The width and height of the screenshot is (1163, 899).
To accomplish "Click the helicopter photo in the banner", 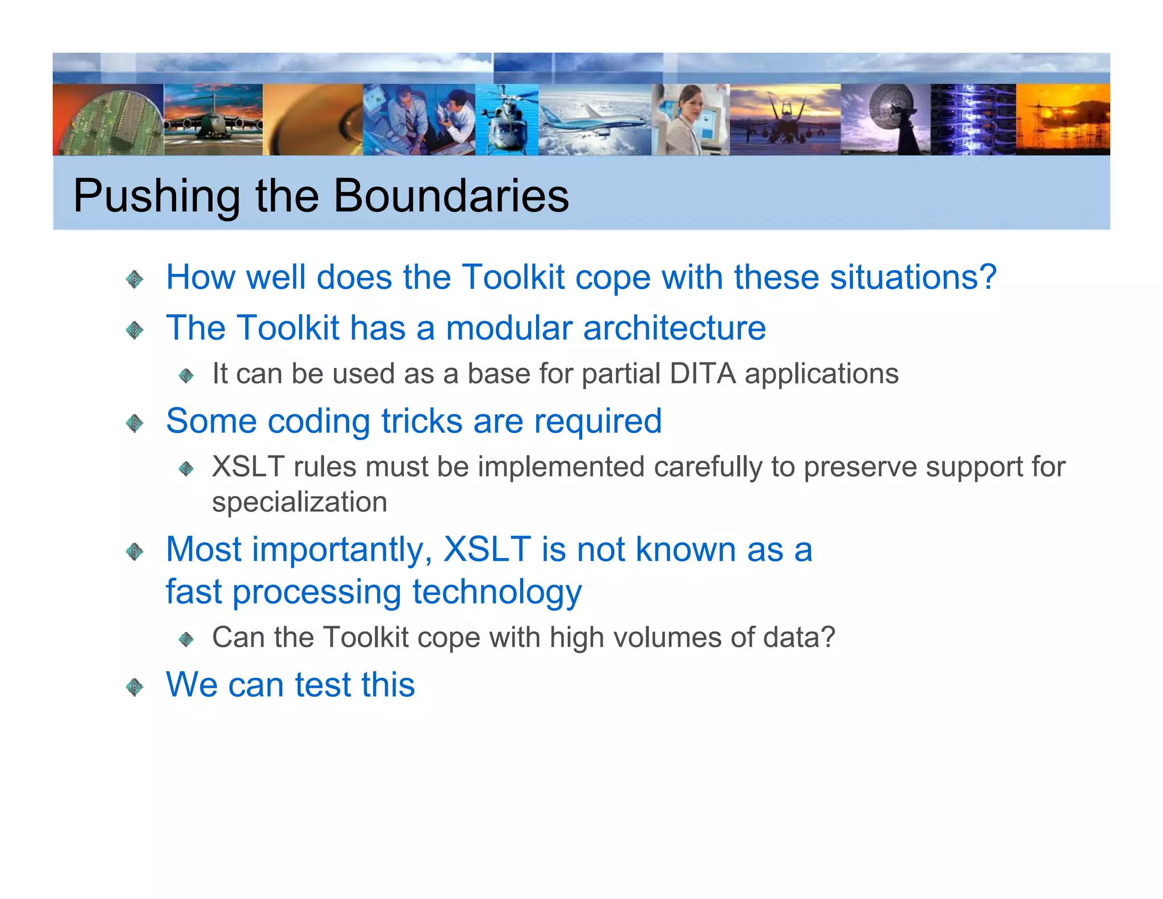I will coord(506,120).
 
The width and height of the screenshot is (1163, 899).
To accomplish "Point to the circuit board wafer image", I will coord(108,122).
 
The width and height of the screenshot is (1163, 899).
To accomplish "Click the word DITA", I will coord(702,374).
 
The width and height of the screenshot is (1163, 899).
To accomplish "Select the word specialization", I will coord(299,502).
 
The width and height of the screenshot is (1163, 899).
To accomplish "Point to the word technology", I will coord(497,592).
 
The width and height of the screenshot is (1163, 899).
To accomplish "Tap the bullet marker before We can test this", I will coord(135,686).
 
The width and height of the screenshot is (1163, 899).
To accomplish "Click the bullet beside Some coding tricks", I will coord(135,423).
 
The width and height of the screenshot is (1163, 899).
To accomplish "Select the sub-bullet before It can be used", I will coord(186,376).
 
